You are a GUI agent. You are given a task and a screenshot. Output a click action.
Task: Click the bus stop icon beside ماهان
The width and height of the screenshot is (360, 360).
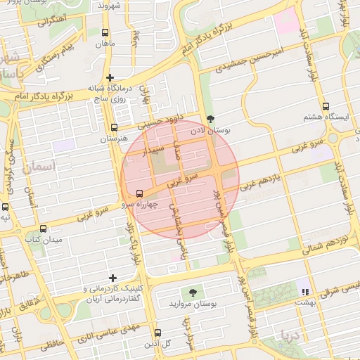coord(105,32)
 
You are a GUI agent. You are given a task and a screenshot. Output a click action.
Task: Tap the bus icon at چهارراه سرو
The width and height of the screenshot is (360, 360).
coord(139,193)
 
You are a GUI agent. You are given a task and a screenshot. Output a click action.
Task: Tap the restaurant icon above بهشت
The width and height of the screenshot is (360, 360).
coord(304,291)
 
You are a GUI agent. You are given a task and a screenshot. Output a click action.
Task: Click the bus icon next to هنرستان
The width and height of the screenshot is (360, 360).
coord(115,127)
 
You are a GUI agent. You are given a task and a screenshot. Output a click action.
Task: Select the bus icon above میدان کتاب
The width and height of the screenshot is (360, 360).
coord(44,229)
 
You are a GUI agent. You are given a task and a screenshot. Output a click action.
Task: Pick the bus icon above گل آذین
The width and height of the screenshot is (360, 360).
coord(157,333)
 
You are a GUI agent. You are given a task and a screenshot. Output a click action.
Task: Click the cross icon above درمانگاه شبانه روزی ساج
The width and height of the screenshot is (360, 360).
coord(109,77)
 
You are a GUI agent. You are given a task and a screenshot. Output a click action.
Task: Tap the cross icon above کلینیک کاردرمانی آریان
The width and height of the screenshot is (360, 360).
coord(112,278)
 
